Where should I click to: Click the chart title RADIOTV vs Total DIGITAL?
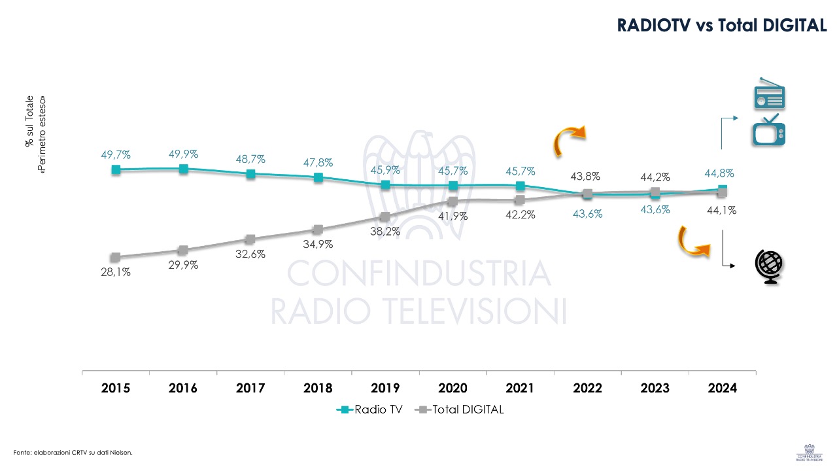(723, 26)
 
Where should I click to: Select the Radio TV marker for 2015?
(116, 169)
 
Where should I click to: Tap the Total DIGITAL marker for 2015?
(116, 257)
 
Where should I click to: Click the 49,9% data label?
(183, 154)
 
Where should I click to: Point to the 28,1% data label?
(116, 272)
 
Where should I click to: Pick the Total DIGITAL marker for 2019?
(385, 217)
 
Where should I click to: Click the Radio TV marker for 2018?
(318, 177)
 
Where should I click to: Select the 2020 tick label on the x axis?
(453, 388)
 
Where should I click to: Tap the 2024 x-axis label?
(722, 388)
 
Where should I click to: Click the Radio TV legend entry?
(371, 410)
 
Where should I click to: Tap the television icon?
(769, 130)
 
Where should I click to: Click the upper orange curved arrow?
(568, 141)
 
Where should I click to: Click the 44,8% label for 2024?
(719, 173)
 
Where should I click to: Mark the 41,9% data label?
(452, 216)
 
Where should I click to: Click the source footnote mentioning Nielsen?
(68, 452)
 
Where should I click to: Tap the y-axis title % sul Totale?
(29, 122)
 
